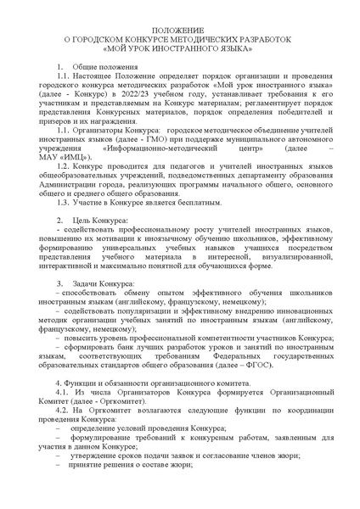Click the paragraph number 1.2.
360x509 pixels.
click(x=61, y=170)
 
